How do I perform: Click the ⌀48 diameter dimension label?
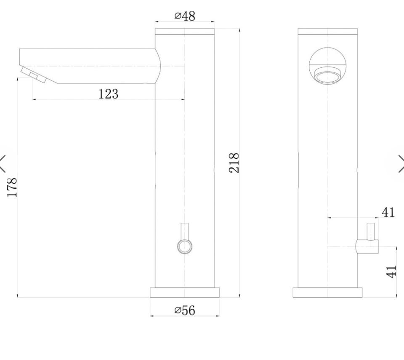coord(185,16)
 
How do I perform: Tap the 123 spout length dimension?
coord(109,94)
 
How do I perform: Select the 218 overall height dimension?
coord(234,163)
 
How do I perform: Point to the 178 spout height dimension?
coord(12,187)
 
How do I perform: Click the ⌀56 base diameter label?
coord(185,310)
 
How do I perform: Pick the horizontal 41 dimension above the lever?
coord(388,213)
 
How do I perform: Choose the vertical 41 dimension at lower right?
coord(391,272)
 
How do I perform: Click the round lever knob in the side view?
coord(185,246)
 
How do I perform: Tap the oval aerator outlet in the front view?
coord(327,76)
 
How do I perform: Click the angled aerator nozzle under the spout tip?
coord(34,75)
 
